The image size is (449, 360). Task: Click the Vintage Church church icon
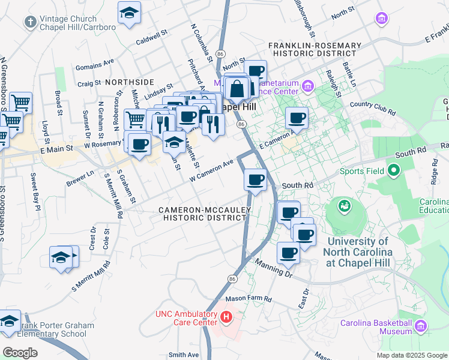point(31,22)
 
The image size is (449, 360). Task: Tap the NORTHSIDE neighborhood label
point(129,81)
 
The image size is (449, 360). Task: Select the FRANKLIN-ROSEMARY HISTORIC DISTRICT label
point(315,49)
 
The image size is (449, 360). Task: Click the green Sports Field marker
point(394,171)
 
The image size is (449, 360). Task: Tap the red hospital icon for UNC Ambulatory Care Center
point(226,317)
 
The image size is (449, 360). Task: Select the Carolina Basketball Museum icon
point(420,327)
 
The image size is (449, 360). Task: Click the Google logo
point(20,352)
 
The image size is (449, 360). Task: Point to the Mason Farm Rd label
point(249,298)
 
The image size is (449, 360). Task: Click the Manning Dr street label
point(273,268)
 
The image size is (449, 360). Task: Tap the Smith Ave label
point(183,355)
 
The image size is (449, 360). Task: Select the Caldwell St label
point(150,38)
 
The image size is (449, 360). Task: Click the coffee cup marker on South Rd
point(256,179)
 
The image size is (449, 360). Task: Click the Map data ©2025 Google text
point(411,355)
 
